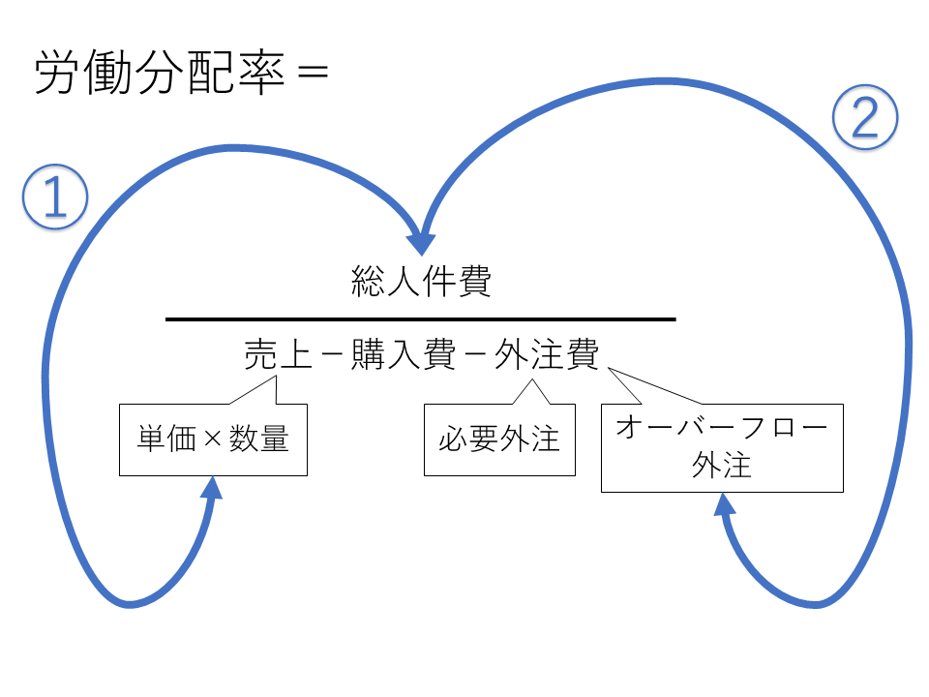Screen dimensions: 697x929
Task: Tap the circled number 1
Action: pos(55,198)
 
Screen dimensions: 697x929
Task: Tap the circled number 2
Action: pos(865,120)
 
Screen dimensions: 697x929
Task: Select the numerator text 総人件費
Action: pos(421,283)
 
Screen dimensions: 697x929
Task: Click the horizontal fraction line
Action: pos(421,318)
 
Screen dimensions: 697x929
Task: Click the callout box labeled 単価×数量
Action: pos(213,439)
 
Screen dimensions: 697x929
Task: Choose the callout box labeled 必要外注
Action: pos(499,439)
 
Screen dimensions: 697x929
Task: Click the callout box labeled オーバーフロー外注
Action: pos(722,448)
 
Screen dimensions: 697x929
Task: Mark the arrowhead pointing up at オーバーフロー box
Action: pos(724,504)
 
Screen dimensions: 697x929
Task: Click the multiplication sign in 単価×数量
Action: pos(213,439)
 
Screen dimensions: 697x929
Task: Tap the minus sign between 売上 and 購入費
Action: pos(330,355)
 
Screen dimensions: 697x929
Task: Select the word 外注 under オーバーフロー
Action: pos(722,466)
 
